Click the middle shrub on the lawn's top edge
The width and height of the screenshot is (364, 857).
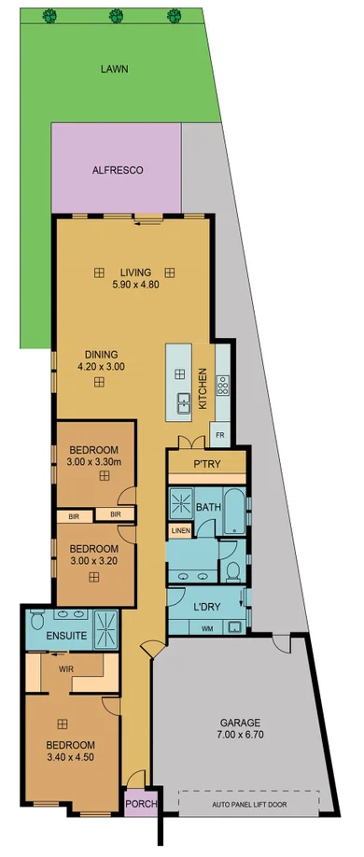pos(117,15)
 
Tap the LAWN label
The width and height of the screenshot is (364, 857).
pos(117,68)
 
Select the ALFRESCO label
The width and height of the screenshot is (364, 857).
pos(116,171)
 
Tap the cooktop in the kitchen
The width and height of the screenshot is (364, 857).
pos(223,386)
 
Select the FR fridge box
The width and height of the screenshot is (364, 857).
pos(220,435)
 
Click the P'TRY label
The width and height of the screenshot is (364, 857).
pos(205,464)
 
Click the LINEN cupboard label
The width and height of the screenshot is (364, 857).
pos(179,531)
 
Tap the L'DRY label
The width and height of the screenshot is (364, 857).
pos(206,608)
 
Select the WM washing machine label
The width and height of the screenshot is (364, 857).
pos(206,628)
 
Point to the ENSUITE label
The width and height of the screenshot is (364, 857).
pos(65,636)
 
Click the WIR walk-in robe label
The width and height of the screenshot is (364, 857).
pos(66,668)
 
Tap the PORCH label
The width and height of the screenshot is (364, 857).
pos(142,804)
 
